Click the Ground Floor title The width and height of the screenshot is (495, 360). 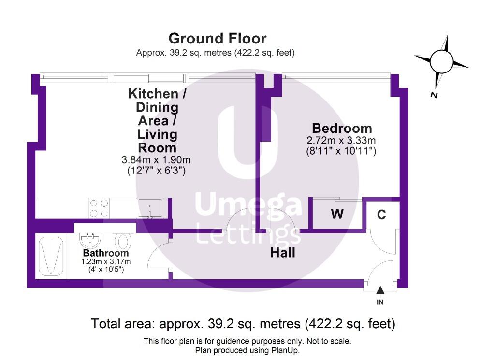click(217, 38)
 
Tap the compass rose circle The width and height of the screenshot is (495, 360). click(441, 61)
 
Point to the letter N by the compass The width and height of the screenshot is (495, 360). click(434, 95)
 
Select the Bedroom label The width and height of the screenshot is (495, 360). click(342, 129)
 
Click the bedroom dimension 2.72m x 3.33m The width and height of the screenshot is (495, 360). click(341, 141)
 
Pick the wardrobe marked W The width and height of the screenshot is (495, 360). click(336, 214)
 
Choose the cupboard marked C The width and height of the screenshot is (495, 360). click(381, 215)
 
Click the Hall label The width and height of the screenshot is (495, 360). click(282, 253)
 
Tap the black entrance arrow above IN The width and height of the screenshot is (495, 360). click(380, 290)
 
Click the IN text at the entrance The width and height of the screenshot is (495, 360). click(380, 302)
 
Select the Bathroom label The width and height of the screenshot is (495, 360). click(106, 253)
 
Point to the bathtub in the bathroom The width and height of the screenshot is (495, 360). click(51, 256)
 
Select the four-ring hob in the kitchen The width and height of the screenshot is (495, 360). click(99, 208)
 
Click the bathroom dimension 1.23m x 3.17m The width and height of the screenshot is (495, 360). click(106, 262)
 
